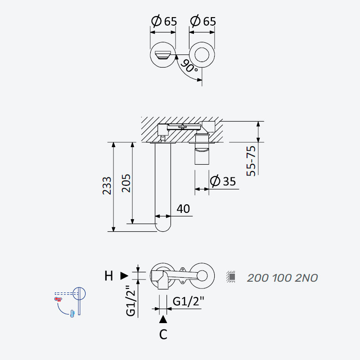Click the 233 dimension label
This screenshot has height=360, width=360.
(x=107, y=186)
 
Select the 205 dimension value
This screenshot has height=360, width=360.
(x=126, y=183)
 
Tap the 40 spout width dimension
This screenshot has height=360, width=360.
(x=183, y=209)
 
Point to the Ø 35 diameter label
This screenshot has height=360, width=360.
(x=223, y=181)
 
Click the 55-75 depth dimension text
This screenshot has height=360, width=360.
(x=251, y=161)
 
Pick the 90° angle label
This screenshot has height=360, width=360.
(x=189, y=66)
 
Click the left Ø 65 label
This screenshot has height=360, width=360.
(x=164, y=21)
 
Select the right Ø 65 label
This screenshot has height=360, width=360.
(x=203, y=21)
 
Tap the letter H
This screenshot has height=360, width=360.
(x=108, y=276)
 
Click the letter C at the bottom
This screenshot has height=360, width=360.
(x=163, y=334)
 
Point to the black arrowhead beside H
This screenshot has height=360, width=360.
(x=124, y=276)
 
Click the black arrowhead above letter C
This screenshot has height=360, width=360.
(x=163, y=319)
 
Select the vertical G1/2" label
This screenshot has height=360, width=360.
(x=131, y=301)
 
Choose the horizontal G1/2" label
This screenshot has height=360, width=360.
(x=188, y=301)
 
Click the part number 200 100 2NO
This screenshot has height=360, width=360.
(x=283, y=278)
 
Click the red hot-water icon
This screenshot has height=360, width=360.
(x=58, y=299)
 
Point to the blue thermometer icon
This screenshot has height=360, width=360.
(x=72, y=314)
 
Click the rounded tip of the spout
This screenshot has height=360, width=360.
(x=163, y=231)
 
